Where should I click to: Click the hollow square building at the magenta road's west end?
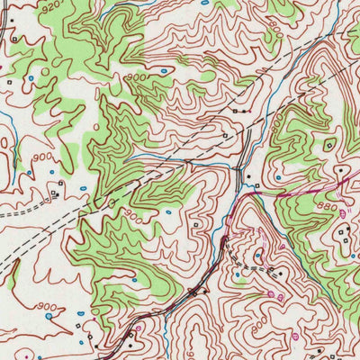[256, 187]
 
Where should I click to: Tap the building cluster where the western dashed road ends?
[56, 192]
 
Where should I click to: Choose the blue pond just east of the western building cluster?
[83, 188]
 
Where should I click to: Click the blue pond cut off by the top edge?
[204, 3]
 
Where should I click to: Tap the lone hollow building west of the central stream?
[197, 224]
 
